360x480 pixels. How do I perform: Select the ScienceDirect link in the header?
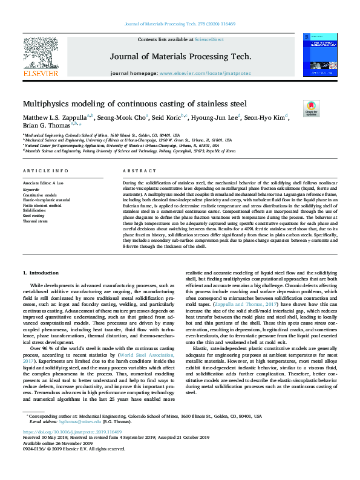coord(209,39)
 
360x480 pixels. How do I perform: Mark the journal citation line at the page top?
coord(180,24)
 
